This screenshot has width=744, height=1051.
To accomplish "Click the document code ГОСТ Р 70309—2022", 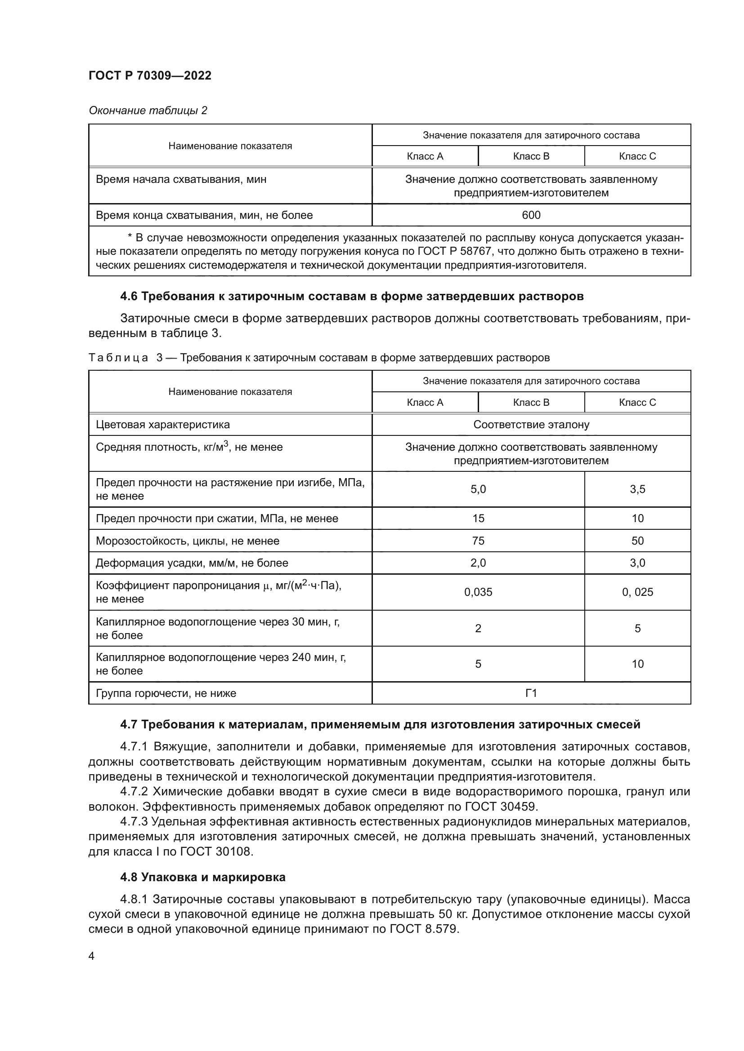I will pos(150,75).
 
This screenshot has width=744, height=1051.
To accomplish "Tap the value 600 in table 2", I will pos(531,215).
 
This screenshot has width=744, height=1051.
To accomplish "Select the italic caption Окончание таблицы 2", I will pos(148,111).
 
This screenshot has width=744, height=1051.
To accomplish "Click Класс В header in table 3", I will pos(531,402).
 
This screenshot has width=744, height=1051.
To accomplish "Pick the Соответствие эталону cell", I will pos(531,425).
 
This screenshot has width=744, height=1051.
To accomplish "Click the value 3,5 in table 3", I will pos(637,489).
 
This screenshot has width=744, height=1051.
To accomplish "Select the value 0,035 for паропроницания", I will pos(478,592).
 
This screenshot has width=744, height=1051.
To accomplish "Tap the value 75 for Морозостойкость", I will pos(478,541).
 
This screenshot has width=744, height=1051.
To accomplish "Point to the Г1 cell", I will pos(531,693).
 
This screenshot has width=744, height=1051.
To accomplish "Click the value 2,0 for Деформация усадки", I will pos(478,563).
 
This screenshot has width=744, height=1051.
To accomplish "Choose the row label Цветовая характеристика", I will pos(163,425).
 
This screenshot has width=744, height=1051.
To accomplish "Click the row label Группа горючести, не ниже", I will pos(166,693).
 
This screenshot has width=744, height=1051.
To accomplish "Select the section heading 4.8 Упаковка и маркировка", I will pos(202,878).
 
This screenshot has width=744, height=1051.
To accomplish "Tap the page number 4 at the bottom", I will pos(92,956).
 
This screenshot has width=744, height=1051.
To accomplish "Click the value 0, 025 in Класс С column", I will pos(637,592).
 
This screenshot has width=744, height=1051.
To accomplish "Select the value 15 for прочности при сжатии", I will pos(478,519).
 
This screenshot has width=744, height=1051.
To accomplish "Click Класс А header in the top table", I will pos(425,156).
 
